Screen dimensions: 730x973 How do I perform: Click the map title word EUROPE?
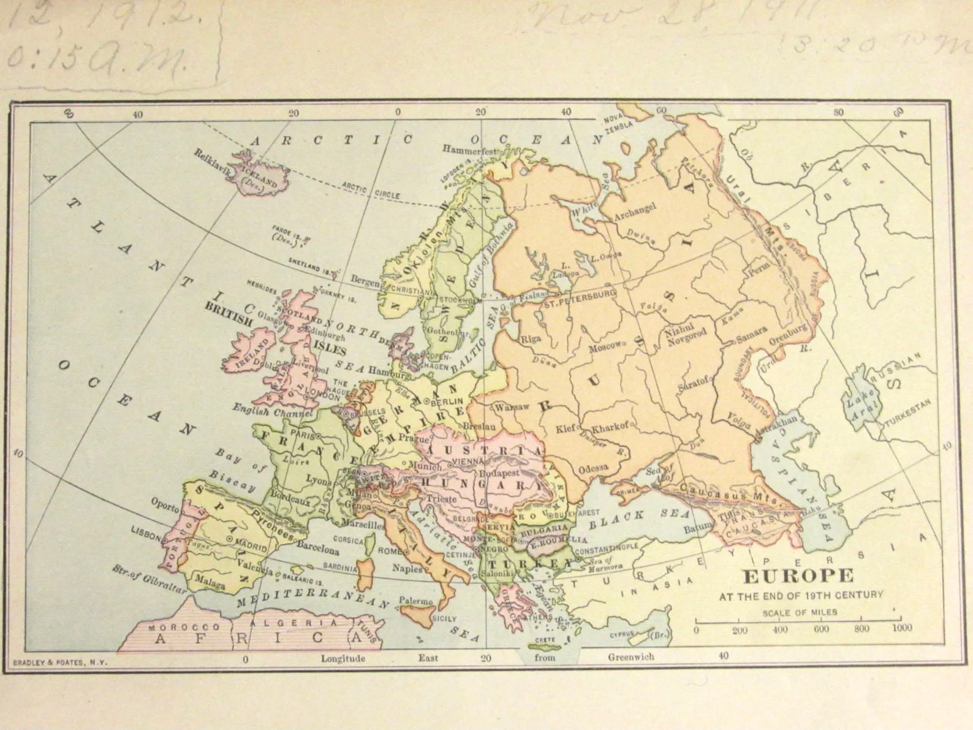pos(798,576)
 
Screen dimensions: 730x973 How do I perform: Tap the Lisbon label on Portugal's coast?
pos(146,533)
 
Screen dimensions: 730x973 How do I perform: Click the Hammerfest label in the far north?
pos(470,150)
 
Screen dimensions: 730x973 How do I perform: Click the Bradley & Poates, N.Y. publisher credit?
pos(59,662)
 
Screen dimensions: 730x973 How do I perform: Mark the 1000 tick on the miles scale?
pos(901,628)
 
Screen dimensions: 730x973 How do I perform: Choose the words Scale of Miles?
pos(800,612)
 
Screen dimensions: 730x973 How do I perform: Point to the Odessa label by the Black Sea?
pos(593,468)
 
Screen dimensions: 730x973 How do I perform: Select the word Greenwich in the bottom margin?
pos(630,656)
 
